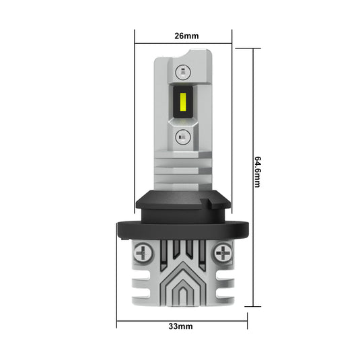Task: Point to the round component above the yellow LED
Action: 182,71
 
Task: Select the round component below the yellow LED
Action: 182,137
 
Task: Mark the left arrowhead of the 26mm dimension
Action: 137,44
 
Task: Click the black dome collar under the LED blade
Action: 182,201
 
